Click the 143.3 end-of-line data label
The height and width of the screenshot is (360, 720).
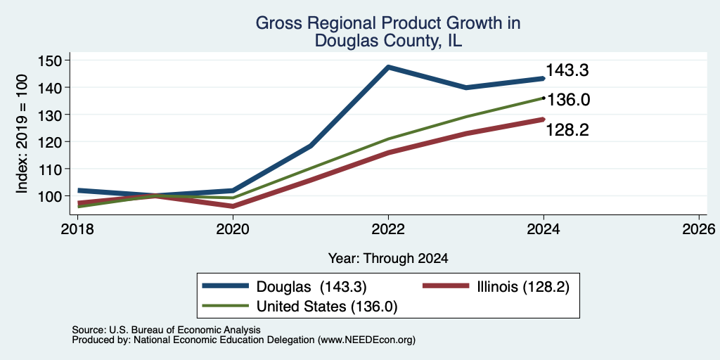point(567,71)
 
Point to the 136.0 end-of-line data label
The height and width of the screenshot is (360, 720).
point(568,100)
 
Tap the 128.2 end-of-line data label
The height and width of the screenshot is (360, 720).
point(567,130)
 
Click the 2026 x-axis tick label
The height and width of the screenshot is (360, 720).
point(699,229)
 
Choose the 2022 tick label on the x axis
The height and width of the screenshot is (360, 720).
point(388,229)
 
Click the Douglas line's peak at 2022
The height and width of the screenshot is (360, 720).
point(388,67)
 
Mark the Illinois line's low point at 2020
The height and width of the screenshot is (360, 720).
point(233,206)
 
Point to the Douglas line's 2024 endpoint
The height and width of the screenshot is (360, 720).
point(544,79)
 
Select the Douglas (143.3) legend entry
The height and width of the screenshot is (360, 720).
point(285,287)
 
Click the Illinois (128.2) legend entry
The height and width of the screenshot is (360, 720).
point(496,287)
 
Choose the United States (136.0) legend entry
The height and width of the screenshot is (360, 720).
point(300,307)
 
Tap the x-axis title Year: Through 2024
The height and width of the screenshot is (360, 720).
point(388,259)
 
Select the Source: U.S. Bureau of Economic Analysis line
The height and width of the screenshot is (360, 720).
point(166,330)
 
